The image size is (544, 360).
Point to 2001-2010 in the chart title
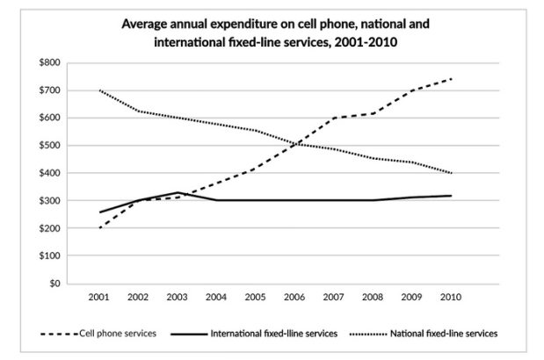click(x=362, y=41)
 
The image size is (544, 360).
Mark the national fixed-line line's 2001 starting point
click(x=98, y=90)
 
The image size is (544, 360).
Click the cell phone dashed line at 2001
click(x=98, y=228)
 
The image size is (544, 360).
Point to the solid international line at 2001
click(x=98, y=212)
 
